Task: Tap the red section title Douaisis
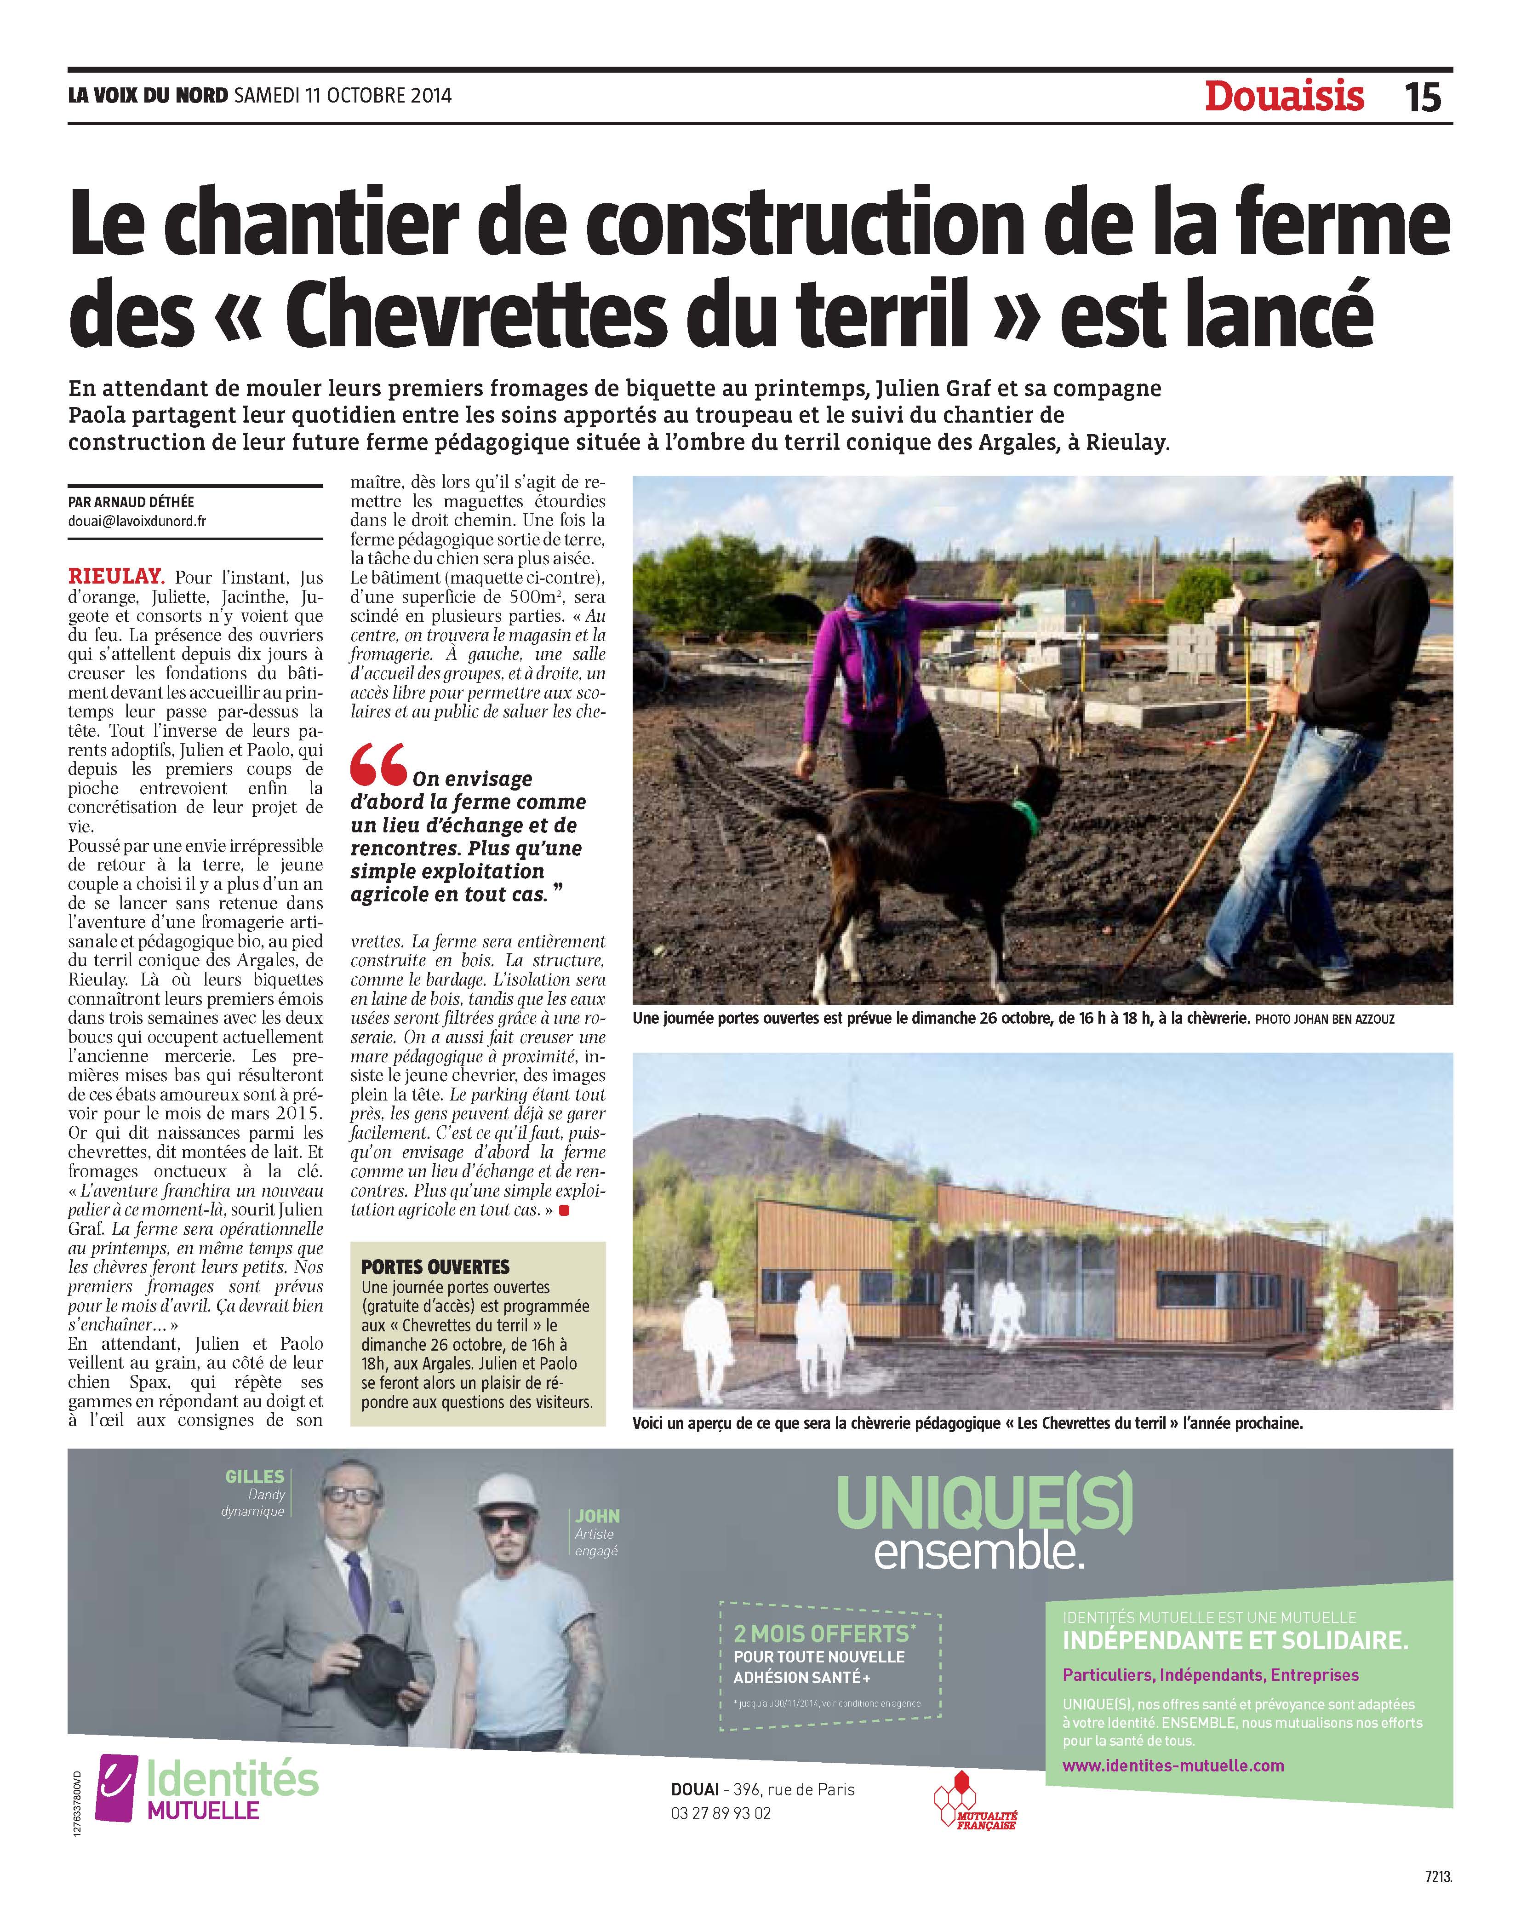coord(1284,96)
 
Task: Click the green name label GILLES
coord(255,1476)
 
